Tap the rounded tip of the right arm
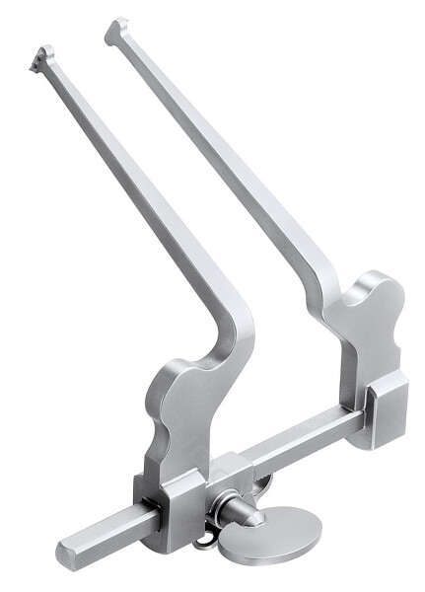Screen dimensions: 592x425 pos(115,29)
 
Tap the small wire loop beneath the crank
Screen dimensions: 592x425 pos(206,539)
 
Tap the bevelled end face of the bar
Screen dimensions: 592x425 pos(67,555)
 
